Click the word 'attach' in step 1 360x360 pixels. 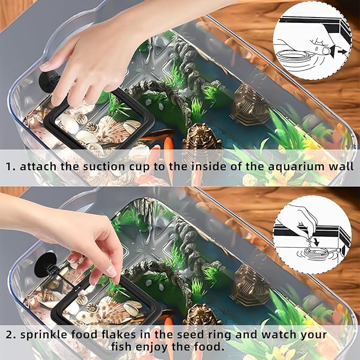click(38, 166)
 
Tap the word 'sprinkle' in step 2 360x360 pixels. click(45, 335)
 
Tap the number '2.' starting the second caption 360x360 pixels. click(10, 335)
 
